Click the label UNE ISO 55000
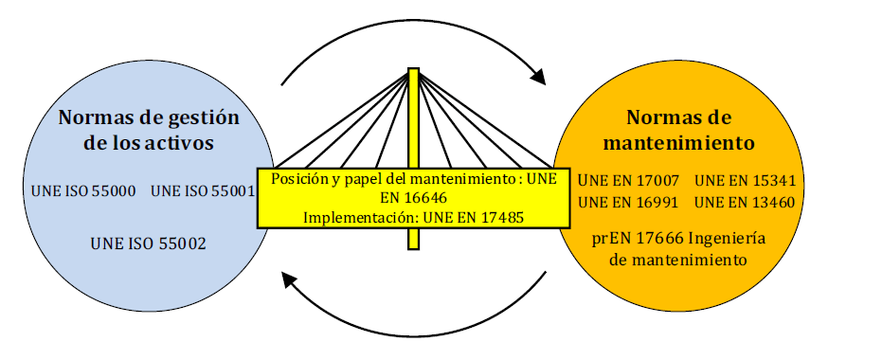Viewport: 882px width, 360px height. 83,191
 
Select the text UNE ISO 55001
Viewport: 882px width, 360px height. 203,191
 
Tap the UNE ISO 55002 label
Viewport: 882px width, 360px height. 148,243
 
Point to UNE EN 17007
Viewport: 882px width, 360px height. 629,181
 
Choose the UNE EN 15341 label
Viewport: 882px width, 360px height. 746,181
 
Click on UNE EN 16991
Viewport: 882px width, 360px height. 629,203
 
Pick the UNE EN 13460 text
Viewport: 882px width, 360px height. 746,203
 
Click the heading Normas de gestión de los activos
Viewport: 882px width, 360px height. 149,131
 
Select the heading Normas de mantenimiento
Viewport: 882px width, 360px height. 679,131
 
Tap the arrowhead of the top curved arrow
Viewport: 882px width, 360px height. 539,77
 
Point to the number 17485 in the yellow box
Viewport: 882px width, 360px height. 500,217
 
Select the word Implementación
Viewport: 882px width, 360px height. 361,218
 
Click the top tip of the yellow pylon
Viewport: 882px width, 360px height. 413,68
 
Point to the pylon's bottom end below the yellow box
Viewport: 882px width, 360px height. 413,248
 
